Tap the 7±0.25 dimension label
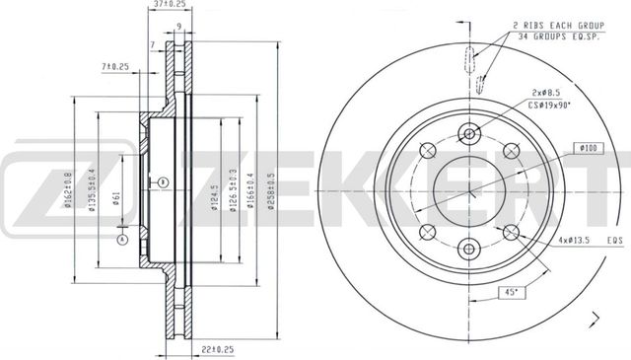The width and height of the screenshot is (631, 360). tap(116, 66)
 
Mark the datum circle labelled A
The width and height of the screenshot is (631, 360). tap(122, 239)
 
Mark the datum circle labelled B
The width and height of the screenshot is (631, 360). tap(164, 181)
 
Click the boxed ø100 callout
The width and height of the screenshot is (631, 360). tap(588, 148)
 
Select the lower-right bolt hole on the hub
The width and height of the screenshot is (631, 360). tap(511, 232)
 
